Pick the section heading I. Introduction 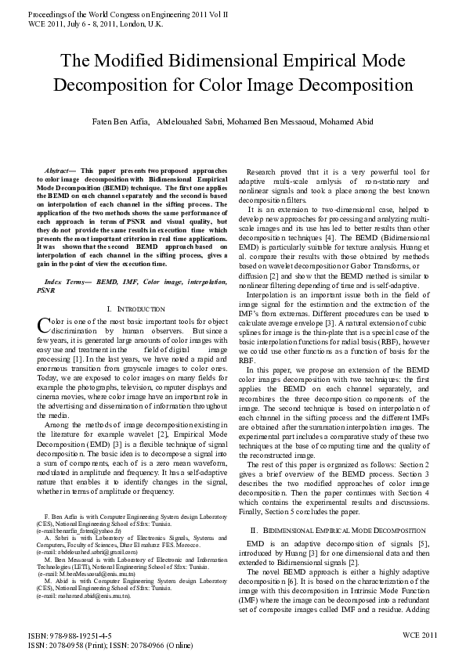coord(135,310)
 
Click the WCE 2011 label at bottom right coord(420,636)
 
